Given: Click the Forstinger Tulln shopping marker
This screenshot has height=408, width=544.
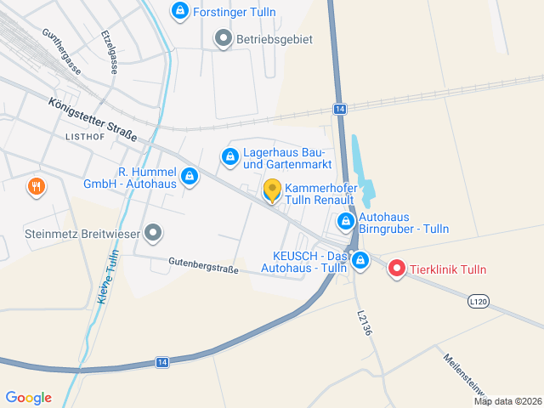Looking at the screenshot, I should tap(179, 11).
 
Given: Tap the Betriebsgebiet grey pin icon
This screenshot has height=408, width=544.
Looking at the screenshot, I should tap(223, 38).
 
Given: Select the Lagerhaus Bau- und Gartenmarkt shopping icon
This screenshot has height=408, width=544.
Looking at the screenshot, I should tap(229, 157).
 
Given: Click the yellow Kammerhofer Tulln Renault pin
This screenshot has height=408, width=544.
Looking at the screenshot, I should tap(272, 190).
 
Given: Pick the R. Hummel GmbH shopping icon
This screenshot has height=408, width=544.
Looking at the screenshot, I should tap(190, 177).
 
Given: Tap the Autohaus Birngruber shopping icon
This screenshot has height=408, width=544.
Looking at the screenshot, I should tap(346, 222).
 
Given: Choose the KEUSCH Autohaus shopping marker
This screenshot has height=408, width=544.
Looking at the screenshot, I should tap(360, 259).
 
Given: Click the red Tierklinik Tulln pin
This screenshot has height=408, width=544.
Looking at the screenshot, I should tap(396, 269).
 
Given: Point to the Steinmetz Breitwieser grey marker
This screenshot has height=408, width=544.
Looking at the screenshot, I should tap(153, 232).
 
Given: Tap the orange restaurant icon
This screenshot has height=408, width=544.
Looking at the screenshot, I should tap(36, 186).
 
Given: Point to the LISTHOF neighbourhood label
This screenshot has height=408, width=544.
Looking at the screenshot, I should tap(84, 136).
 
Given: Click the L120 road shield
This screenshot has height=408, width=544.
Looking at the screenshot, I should tap(479, 301).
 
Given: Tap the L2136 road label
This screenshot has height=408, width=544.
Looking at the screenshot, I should tap(364, 322).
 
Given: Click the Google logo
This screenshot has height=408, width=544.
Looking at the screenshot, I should tap(28, 398).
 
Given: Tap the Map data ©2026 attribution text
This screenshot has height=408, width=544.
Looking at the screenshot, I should tap(507, 401).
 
